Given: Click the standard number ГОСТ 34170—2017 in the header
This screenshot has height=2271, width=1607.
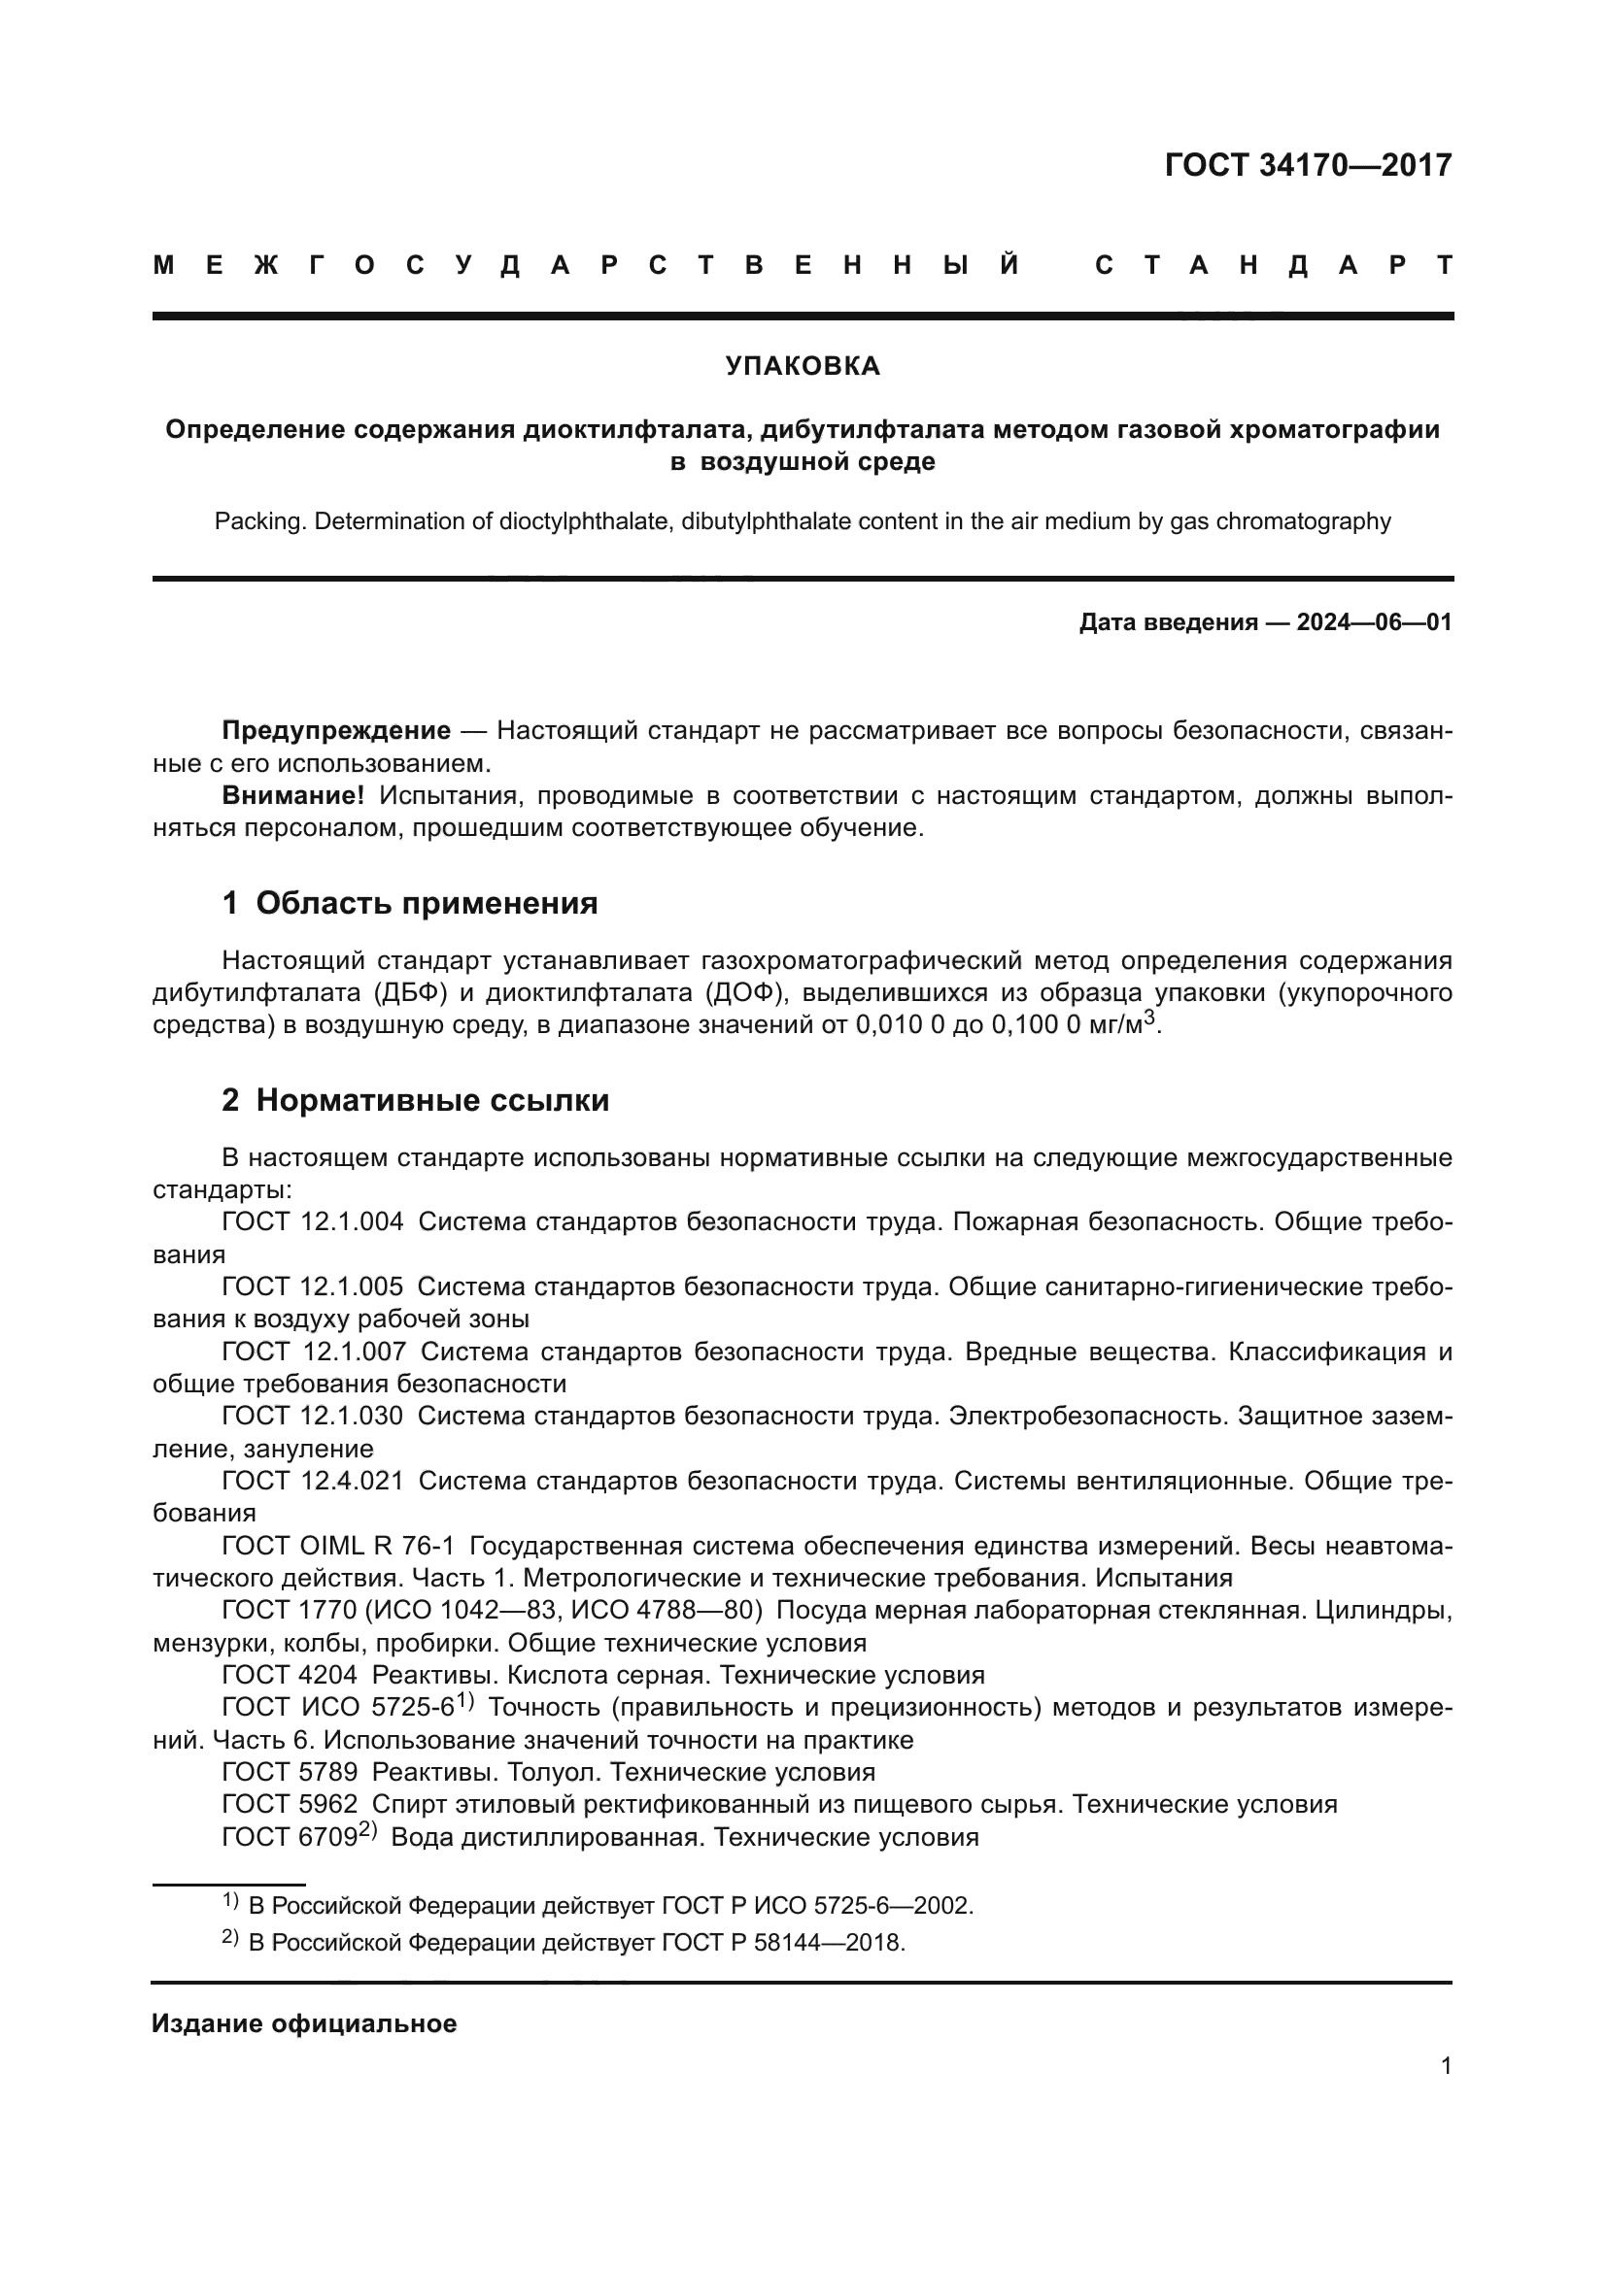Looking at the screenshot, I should [x=1307, y=165].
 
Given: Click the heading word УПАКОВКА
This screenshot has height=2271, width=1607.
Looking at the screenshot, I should [x=803, y=366].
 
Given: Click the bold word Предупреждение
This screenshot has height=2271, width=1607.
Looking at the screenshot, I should [x=336, y=731].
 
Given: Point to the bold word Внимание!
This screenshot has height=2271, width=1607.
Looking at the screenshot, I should [x=292, y=795].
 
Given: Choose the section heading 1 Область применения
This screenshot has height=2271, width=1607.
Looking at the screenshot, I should [x=410, y=903].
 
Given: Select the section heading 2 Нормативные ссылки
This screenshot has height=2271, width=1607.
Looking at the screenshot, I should [x=415, y=1100].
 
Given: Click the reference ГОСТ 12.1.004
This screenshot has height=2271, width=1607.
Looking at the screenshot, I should [x=313, y=1221].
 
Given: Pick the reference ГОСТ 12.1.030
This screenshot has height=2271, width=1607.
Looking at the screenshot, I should [x=313, y=1417].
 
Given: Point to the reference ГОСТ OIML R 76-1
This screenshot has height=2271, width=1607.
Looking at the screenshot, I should [x=338, y=1546].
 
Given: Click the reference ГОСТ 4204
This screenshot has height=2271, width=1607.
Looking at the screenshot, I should [x=290, y=1676].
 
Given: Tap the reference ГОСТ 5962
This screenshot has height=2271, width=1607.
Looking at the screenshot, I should [x=290, y=1805].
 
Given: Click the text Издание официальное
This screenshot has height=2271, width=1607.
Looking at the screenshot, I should [x=304, y=2023].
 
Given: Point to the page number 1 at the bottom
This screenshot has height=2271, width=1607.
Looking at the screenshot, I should [x=1446, y=2066].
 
